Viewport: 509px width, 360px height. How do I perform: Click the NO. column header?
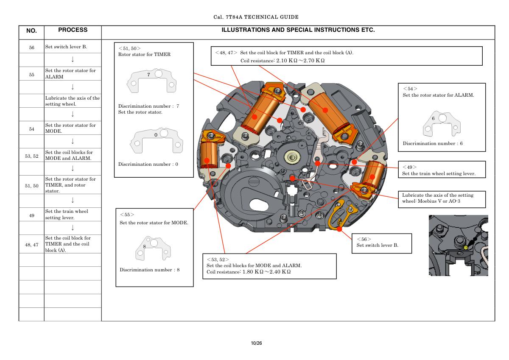[x=31, y=31]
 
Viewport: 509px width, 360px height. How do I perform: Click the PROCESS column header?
[x=73, y=30]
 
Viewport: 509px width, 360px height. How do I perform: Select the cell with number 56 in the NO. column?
[x=31, y=47]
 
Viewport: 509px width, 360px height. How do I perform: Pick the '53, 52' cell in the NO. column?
[x=31, y=156]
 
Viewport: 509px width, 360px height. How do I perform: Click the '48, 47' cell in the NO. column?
[x=31, y=245]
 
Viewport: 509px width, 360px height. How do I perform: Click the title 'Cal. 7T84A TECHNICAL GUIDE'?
[x=256, y=17]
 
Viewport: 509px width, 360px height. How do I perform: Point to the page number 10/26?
[x=256, y=343]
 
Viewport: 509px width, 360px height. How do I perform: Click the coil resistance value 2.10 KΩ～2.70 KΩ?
[x=300, y=61]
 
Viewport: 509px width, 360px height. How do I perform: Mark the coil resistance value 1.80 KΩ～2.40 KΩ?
[x=266, y=271]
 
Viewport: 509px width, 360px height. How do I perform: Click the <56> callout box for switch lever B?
[x=381, y=243]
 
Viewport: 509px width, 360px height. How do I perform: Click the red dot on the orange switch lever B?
[x=339, y=229]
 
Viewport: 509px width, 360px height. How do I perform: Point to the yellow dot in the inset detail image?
[x=466, y=247]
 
